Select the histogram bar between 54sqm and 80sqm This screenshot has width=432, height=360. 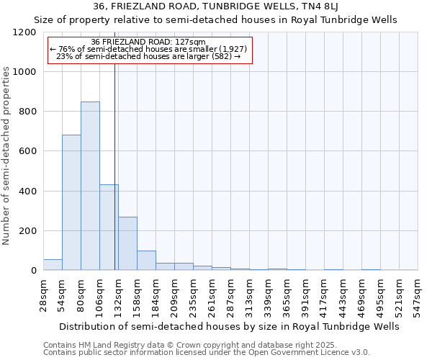point(71,202)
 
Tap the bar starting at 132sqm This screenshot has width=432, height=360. point(127,243)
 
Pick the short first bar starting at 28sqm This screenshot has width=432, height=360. point(53,264)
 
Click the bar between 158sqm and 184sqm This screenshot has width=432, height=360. point(146,261)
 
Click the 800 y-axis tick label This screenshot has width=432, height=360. point(28,112)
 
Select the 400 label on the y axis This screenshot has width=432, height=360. point(28,192)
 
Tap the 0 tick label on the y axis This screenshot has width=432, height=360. point(34,271)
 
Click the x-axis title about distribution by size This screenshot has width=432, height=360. point(230,326)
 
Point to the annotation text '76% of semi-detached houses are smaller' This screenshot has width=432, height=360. point(149,49)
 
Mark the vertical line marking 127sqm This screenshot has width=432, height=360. point(114,166)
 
